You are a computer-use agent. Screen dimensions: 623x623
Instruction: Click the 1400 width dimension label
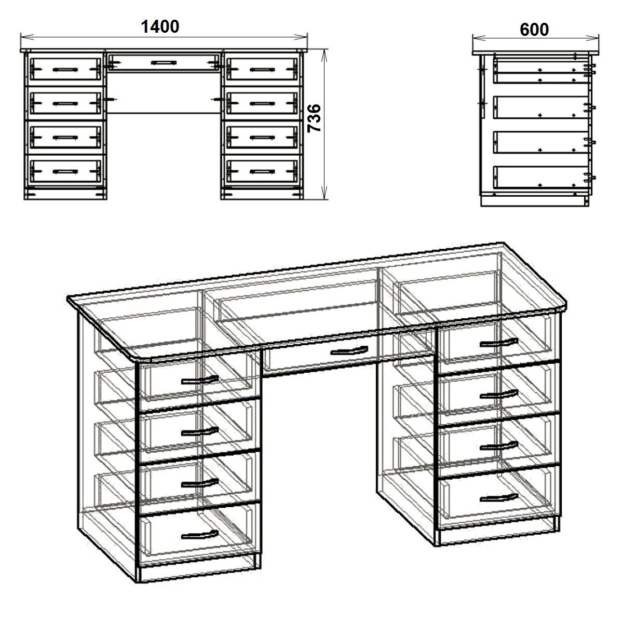pos(160,27)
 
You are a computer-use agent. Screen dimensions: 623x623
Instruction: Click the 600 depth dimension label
pos(534,30)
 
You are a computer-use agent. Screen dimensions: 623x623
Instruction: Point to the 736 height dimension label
pos(314,118)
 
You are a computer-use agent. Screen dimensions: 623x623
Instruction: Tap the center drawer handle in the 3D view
pos(349,350)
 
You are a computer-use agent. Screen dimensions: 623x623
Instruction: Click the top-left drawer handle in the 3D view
pos(199,380)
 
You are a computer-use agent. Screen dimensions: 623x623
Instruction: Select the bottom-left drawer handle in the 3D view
pos(199,535)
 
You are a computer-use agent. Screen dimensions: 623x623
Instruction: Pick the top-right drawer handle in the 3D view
pos(499,342)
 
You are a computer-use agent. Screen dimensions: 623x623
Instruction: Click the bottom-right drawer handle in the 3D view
pos(499,498)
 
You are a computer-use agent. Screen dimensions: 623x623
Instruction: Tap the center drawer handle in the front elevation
pos(164,63)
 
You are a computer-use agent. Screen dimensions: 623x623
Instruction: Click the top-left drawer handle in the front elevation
pos(65,70)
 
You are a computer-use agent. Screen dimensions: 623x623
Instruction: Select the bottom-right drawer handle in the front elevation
pos(262,172)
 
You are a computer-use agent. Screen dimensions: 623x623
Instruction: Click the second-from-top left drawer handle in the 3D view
pos(199,431)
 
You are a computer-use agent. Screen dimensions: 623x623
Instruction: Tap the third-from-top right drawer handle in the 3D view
pos(499,446)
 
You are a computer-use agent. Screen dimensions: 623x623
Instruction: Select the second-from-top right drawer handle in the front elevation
pos(262,104)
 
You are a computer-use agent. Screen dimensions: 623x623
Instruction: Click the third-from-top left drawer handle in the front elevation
pos(65,138)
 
